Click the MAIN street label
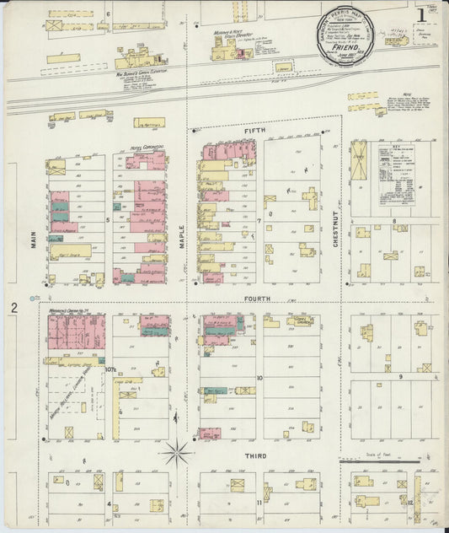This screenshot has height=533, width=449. point(35,241)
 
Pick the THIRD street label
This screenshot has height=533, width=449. point(255,456)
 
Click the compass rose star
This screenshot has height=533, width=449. point(178,453)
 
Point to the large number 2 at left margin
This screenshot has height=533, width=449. point(14,309)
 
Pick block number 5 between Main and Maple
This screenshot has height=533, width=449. point(108,221)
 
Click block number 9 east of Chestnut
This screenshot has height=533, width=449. point(401,376)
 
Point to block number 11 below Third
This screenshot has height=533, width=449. point(259,503)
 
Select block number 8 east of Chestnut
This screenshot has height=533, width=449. point(393,220)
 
